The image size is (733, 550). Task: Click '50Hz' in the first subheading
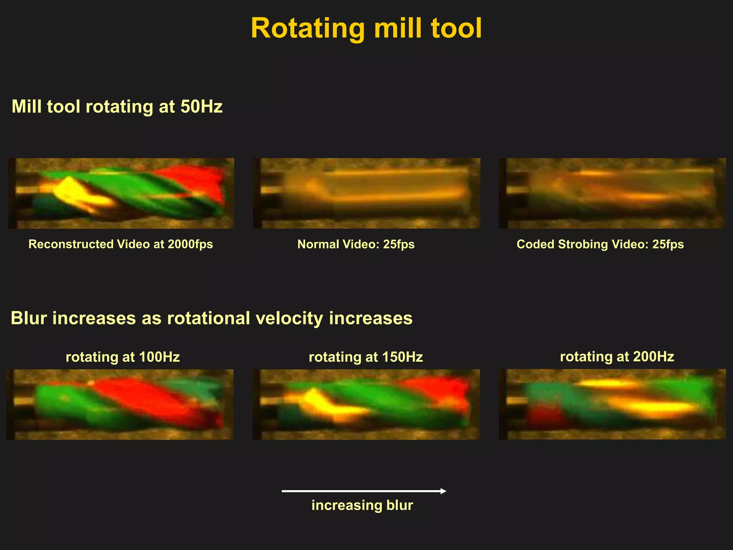coord(201,106)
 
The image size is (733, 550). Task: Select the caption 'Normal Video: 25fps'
coord(356,244)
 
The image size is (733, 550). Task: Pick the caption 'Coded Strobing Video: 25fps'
coord(600,244)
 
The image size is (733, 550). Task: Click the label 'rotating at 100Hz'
coord(122,357)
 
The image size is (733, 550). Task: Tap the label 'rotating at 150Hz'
coord(366,357)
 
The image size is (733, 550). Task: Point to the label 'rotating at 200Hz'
coord(617,357)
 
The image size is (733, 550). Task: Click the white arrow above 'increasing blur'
coord(364,491)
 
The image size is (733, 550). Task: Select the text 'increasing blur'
coord(362,505)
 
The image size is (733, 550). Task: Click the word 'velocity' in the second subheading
coord(289,318)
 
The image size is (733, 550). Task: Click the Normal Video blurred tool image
coord(366,193)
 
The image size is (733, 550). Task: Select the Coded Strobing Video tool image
coord(612,193)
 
